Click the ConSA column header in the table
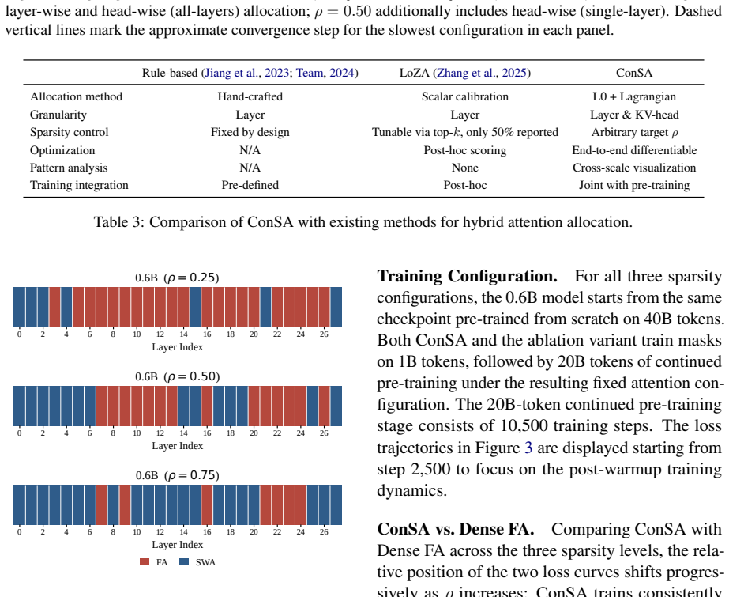(634, 73)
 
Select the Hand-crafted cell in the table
(250, 96)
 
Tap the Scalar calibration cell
(465, 96)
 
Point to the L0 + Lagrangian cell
(634, 96)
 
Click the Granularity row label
(58, 115)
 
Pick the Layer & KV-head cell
(634, 115)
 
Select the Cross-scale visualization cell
(634, 168)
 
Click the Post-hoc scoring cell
(465, 150)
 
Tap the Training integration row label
(79, 185)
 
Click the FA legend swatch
(145, 562)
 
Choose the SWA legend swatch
(184, 562)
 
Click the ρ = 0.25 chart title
(177, 278)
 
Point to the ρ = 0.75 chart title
(177, 475)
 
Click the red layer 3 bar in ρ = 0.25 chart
(54, 307)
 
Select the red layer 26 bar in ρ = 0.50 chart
(324, 406)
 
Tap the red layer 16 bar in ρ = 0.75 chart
(207, 504)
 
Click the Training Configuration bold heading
(468, 277)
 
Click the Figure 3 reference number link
(528, 448)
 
